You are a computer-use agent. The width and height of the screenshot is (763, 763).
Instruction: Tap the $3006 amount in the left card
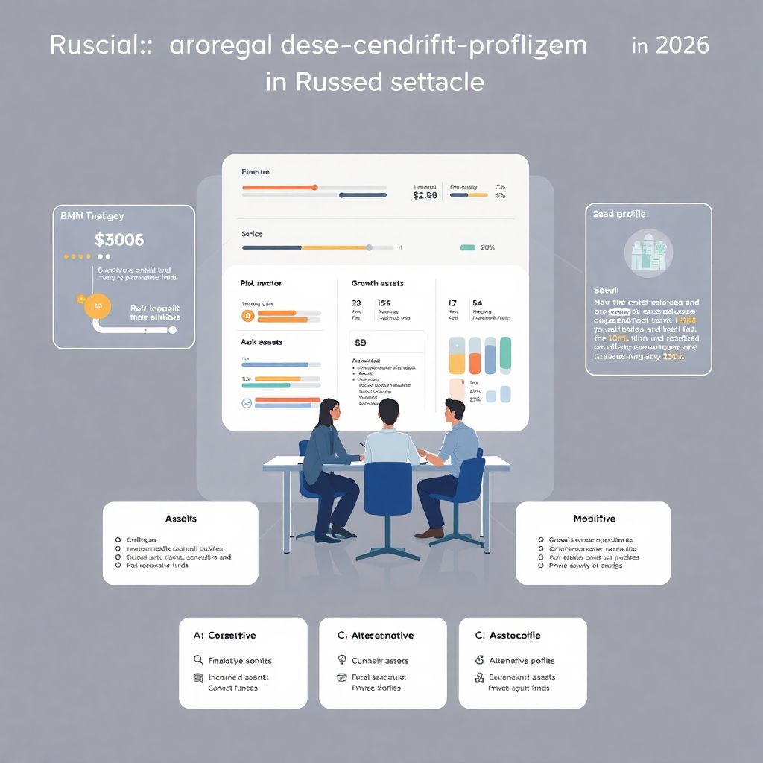click(x=119, y=241)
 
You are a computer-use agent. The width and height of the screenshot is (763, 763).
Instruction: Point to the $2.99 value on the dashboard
click(x=424, y=195)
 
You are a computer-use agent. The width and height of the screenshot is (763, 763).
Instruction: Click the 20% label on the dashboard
click(x=488, y=247)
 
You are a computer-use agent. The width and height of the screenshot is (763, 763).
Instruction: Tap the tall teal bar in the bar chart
click(x=506, y=354)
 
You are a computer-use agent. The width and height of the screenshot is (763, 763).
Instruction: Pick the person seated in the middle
click(x=391, y=440)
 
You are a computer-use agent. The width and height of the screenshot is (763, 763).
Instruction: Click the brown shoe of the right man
click(x=429, y=533)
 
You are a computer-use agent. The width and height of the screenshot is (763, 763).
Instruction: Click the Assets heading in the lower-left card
click(x=180, y=519)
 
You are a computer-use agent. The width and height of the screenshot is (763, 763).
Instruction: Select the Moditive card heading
click(x=594, y=519)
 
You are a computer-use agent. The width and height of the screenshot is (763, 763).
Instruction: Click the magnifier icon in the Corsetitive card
click(x=198, y=660)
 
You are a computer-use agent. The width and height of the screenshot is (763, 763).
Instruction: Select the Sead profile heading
click(x=619, y=215)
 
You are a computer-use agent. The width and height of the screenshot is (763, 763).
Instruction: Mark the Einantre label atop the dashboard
click(x=256, y=172)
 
